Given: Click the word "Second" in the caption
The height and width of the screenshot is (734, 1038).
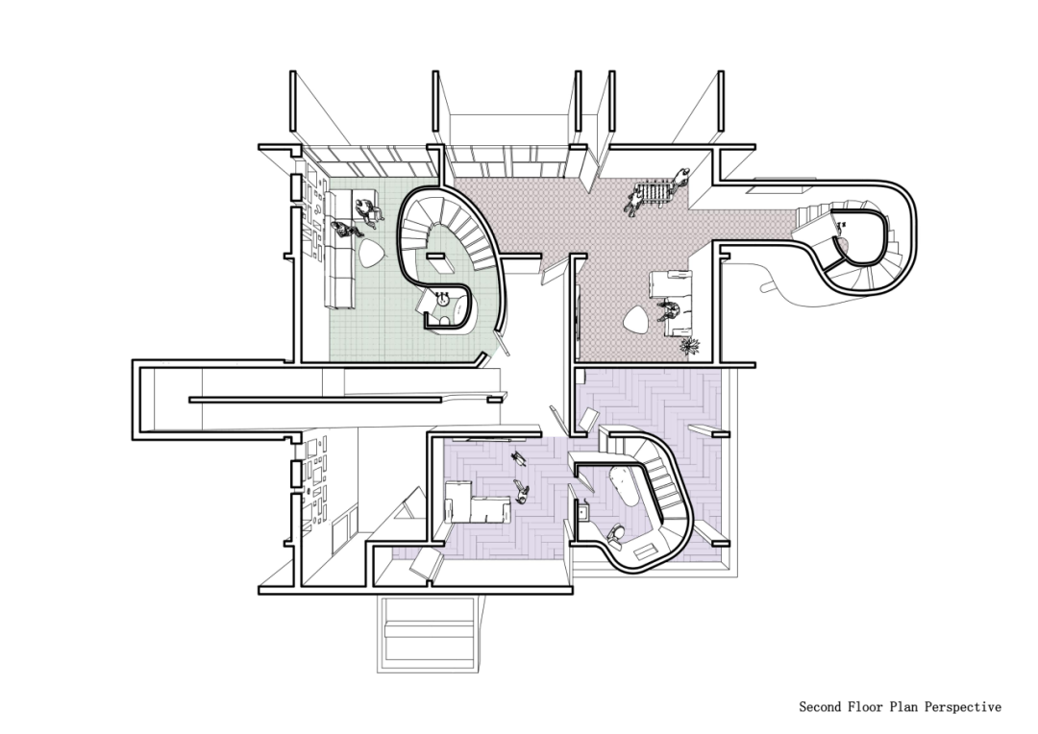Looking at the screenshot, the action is pyautogui.click(x=821, y=707).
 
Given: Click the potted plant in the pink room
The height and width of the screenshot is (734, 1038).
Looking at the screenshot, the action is pyautogui.click(x=691, y=346).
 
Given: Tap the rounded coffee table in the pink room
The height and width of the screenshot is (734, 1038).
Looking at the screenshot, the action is pyautogui.click(x=636, y=322).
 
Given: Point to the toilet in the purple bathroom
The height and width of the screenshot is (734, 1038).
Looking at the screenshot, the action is pyautogui.click(x=615, y=533).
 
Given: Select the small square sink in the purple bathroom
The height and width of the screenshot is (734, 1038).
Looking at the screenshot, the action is pyautogui.click(x=584, y=512).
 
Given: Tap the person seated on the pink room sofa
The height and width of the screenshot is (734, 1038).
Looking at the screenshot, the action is pyautogui.click(x=671, y=310).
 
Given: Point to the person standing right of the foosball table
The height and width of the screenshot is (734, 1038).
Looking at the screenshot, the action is pyautogui.click(x=680, y=178).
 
